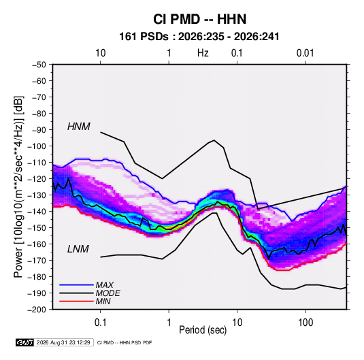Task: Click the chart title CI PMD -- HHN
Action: tap(199, 19)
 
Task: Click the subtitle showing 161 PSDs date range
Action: tap(199, 37)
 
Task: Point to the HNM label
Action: tap(79, 127)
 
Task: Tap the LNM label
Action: tap(78, 249)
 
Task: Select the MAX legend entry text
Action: tap(105, 284)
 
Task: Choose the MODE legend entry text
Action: tap(108, 293)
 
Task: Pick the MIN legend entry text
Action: tap(103, 301)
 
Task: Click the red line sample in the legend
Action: tap(76, 301)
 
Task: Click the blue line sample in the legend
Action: tap(76, 284)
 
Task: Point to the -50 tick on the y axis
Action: tap(39, 65)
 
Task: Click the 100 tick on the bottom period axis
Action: tap(305, 323)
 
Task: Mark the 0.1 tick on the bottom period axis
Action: tap(100, 323)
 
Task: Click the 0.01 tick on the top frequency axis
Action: tap(305, 53)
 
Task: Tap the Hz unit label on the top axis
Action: tap(203, 53)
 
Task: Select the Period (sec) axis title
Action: tap(203, 330)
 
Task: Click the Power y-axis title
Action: tap(18, 187)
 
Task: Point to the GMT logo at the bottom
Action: tap(25, 342)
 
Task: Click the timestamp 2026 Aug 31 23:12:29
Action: tap(63, 342)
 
